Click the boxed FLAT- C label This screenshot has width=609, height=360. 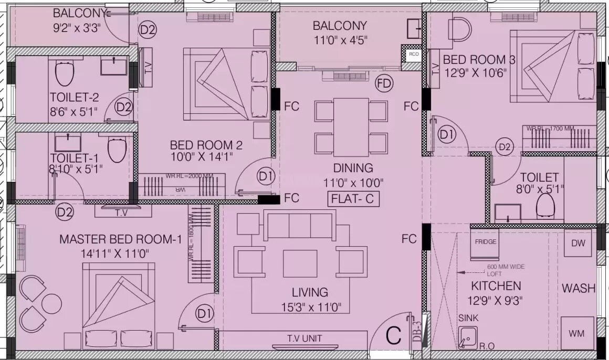click(x=353, y=199)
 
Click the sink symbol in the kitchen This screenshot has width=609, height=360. click(x=467, y=337)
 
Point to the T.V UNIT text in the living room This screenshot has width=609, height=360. click(x=304, y=338)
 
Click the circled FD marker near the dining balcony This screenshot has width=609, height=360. click(x=384, y=83)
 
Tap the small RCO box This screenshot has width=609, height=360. click(x=414, y=54)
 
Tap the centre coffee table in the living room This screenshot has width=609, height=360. click(x=300, y=263)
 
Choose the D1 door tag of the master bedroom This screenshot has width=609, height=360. click(x=204, y=314)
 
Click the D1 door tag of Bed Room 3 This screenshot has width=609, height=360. click(x=447, y=135)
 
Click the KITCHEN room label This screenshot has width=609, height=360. click(x=496, y=286)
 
